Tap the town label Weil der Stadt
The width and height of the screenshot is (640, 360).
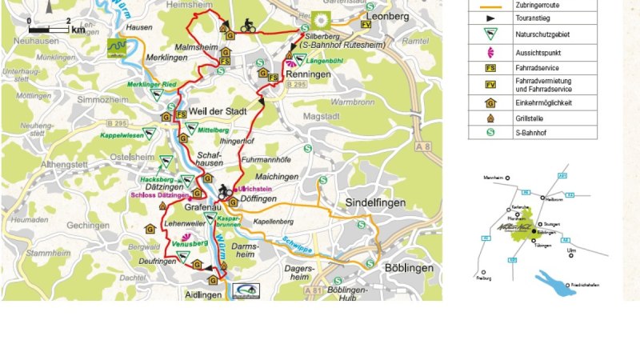(217, 111)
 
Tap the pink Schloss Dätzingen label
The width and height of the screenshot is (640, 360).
(159, 194)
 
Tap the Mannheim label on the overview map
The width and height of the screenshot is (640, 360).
(497, 178)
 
